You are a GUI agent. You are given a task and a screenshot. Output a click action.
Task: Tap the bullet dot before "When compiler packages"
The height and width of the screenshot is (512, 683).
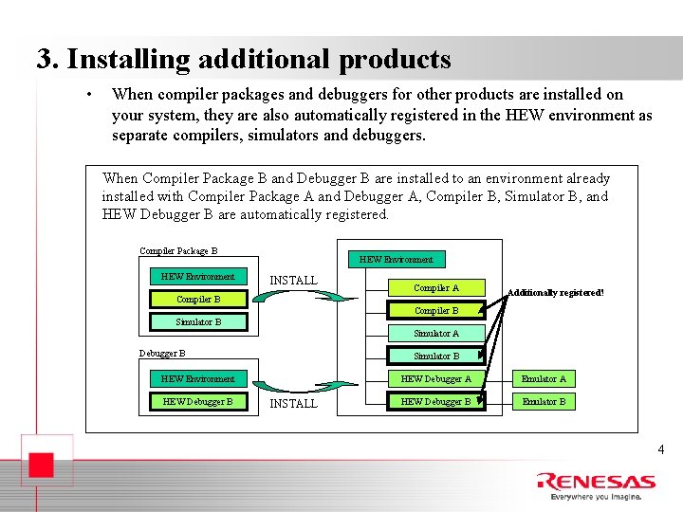(x=87, y=95)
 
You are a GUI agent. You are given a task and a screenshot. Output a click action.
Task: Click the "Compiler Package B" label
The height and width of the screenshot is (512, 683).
(x=178, y=251)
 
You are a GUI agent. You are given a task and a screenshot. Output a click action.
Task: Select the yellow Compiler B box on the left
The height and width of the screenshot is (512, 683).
(x=198, y=300)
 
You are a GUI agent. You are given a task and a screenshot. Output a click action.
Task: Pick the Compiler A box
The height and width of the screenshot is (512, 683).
(x=436, y=288)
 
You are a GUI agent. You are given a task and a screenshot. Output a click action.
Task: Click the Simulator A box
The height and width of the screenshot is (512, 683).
(x=436, y=334)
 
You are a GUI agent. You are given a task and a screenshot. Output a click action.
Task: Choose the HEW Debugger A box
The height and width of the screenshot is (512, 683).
(x=436, y=379)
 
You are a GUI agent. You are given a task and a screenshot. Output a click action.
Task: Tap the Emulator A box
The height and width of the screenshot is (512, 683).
(x=545, y=379)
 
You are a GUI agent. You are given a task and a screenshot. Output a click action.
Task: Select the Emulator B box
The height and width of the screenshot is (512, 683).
(x=545, y=402)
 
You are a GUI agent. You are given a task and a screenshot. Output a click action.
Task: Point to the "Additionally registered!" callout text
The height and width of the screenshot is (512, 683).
(x=555, y=293)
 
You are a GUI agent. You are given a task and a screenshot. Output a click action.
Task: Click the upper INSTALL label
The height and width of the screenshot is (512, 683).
(x=294, y=281)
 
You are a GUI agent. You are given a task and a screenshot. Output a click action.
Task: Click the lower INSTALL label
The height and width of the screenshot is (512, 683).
(x=294, y=404)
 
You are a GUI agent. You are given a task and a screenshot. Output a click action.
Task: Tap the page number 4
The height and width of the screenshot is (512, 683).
(x=661, y=450)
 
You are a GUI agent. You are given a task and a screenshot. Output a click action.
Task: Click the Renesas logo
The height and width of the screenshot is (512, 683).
(x=596, y=482)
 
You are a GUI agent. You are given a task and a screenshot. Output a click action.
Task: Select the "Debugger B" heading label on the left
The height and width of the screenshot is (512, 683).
(x=162, y=354)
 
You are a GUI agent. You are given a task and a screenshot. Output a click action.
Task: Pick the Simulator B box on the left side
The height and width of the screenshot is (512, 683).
(x=198, y=322)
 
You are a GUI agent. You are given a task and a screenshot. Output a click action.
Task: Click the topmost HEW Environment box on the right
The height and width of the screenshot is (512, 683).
(x=397, y=259)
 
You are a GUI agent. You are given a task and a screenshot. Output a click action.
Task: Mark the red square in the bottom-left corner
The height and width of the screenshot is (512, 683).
(x=38, y=467)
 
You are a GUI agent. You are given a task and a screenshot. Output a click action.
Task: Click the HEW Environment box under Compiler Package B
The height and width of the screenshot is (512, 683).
(x=198, y=277)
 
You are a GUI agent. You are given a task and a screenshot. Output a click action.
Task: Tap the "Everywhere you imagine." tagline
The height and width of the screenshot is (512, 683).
(x=596, y=496)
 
